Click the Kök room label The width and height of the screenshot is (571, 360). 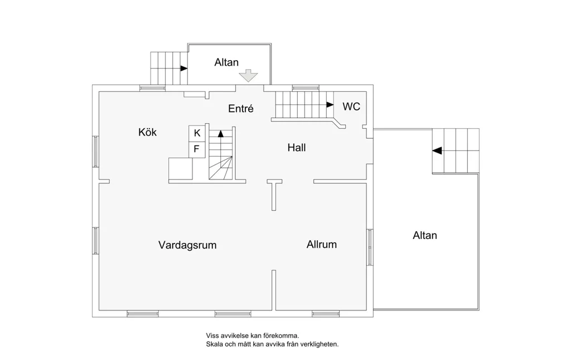tap(147, 132)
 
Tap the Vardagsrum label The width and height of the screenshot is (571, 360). tap(187, 245)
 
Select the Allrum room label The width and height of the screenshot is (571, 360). tap(322, 244)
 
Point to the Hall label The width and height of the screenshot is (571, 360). tap(297, 148)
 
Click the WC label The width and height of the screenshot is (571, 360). tap(351, 106)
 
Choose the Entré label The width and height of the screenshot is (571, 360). tap(241, 108)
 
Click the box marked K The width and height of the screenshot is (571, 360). tap(197, 133)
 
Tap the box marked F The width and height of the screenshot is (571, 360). tap(197, 149)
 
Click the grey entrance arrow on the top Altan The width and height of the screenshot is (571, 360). tap(248, 75)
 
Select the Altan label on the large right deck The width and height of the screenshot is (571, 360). tap(425, 236)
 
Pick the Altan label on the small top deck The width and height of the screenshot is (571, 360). tap(226, 62)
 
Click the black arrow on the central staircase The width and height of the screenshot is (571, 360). tap(221, 134)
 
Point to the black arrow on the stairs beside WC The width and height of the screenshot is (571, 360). tap(330, 105)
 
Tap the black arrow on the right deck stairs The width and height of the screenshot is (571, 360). tap(437, 150)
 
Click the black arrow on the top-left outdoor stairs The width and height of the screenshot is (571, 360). tap(184, 69)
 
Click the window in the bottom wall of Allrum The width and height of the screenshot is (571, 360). tap(326, 314)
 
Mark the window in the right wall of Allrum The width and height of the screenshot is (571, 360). tap(370, 247)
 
